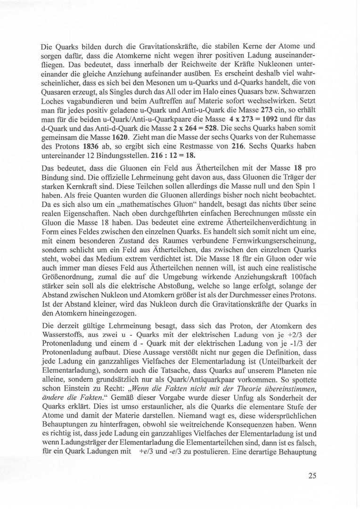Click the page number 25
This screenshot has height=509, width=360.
click(x=311, y=476)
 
